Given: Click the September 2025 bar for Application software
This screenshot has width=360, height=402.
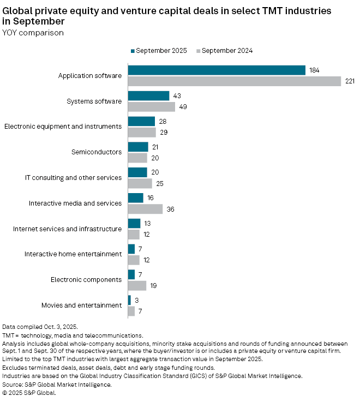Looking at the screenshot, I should pyautogui.click(x=217, y=70).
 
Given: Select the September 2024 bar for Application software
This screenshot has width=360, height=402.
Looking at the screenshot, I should pyautogui.click(x=234, y=81).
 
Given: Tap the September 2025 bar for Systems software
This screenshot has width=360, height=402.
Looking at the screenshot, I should pyautogui.click(x=148, y=95).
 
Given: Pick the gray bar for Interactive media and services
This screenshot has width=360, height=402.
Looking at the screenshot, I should pyautogui.click(x=145, y=209).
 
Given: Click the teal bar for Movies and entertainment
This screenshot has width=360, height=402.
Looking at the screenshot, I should pyautogui.click(x=129, y=300).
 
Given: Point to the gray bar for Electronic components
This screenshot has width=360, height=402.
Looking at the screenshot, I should pyautogui.click(x=137, y=285).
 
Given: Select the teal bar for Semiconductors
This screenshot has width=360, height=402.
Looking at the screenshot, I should pyautogui.click(x=138, y=147).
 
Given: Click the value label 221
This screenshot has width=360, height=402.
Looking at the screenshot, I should pyautogui.click(x=350, y=81).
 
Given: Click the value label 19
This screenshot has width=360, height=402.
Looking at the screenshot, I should pyautogui.click(x=154, y=285).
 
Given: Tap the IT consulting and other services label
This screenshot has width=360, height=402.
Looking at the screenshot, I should pyautogui.click(x=74, y=178).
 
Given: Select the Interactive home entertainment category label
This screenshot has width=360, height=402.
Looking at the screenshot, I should pyautogui.click(x=73, y=254).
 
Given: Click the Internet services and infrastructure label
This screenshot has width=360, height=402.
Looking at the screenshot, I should pyautogui.click(x=68, y=229).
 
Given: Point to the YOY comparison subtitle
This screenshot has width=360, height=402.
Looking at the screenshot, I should pyautogui.click(x=33, y=33).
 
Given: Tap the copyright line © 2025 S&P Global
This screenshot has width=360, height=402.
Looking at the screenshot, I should pyautogui.click(x=29, y=393).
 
